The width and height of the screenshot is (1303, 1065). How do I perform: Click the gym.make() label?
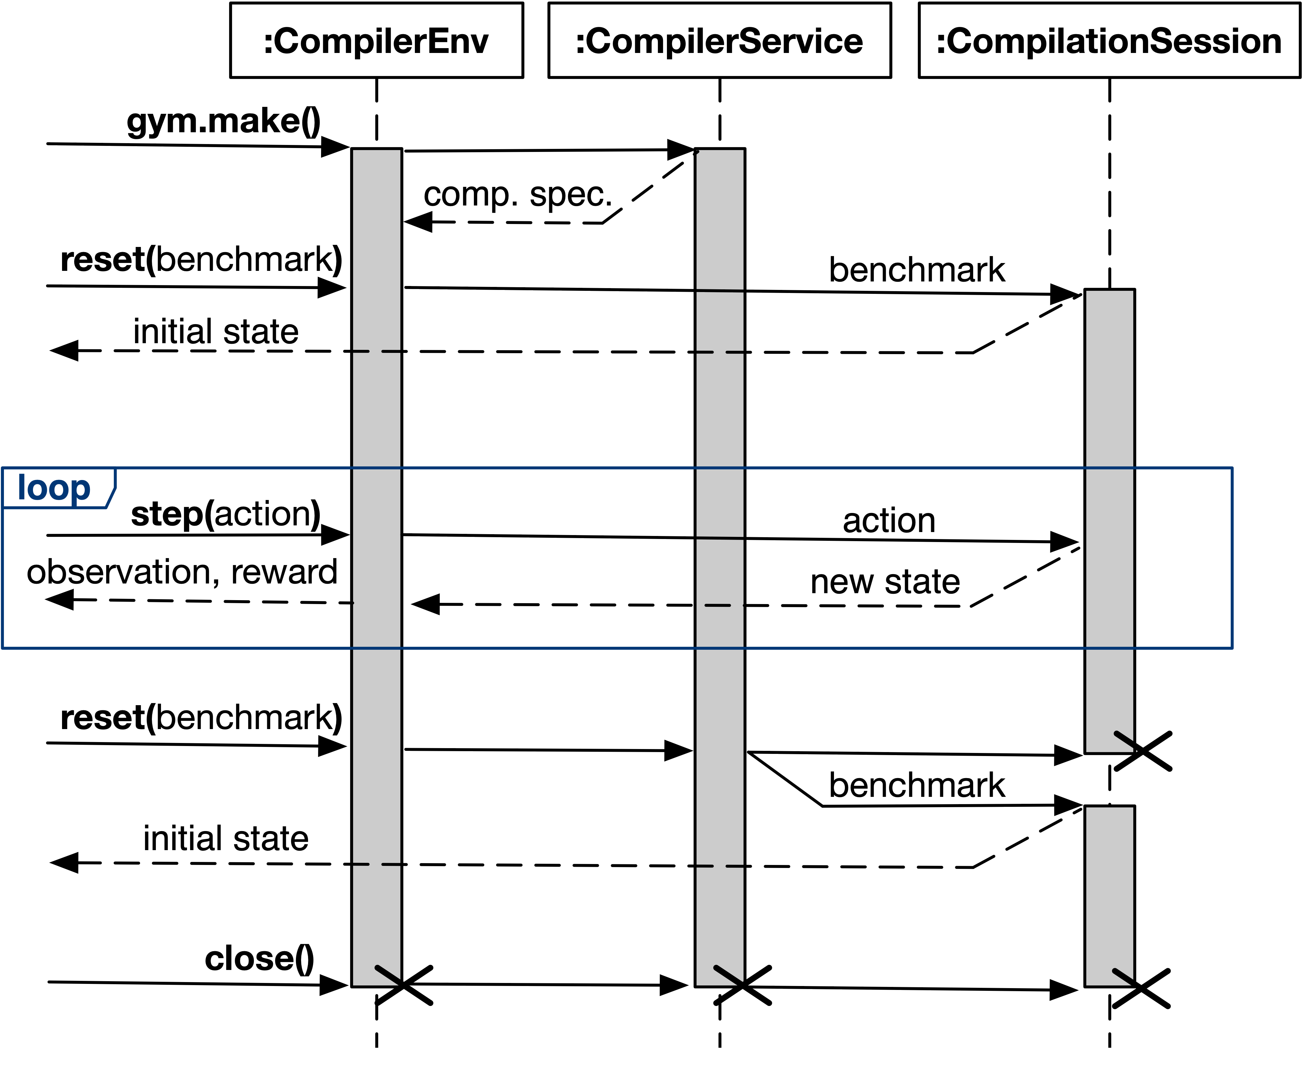click(x=223, y=121)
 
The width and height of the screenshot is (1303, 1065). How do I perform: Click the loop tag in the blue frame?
click(x=54, y=488)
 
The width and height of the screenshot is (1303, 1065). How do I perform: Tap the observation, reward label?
click(x=182, y=572)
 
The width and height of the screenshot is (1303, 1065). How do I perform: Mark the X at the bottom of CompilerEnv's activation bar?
click(x=404, y=985)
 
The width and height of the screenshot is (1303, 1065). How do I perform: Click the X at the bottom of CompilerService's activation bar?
click(x=742, y=985)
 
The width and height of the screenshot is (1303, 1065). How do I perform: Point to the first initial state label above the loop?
click(x=216, y=332)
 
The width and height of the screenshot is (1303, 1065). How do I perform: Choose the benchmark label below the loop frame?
click(x=917, y=785)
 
